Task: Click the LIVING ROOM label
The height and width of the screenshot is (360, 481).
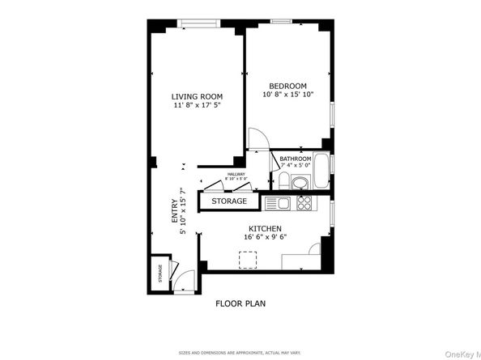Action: (x=197, y=97)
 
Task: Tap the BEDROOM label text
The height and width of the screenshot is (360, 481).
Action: (x=287, y=86)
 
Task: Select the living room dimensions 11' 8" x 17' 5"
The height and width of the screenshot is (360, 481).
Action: (x=197, y=106)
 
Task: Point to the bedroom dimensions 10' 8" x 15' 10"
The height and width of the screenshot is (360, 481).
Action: (x=287, y=95)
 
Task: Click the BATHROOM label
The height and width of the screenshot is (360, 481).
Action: (x=296, y=159)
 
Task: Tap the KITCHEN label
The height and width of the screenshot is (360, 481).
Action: (x=266, y=228)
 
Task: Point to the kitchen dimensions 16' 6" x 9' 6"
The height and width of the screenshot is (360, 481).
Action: (x=266, y=237)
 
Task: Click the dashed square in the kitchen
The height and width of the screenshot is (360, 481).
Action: (x=248, y=259)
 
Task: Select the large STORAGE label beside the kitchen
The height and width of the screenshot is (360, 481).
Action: (x=230, y=201)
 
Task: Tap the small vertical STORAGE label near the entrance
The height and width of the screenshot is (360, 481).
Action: (x=160, y=274)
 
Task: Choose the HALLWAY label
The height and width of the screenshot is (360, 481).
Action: (x=236, y=175)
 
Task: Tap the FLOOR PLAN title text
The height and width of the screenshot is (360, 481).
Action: (x=240, y=304)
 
